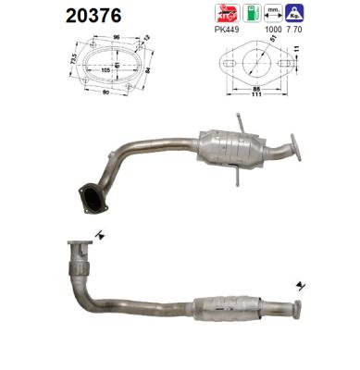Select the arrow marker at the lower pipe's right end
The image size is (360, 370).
(299, 283)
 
